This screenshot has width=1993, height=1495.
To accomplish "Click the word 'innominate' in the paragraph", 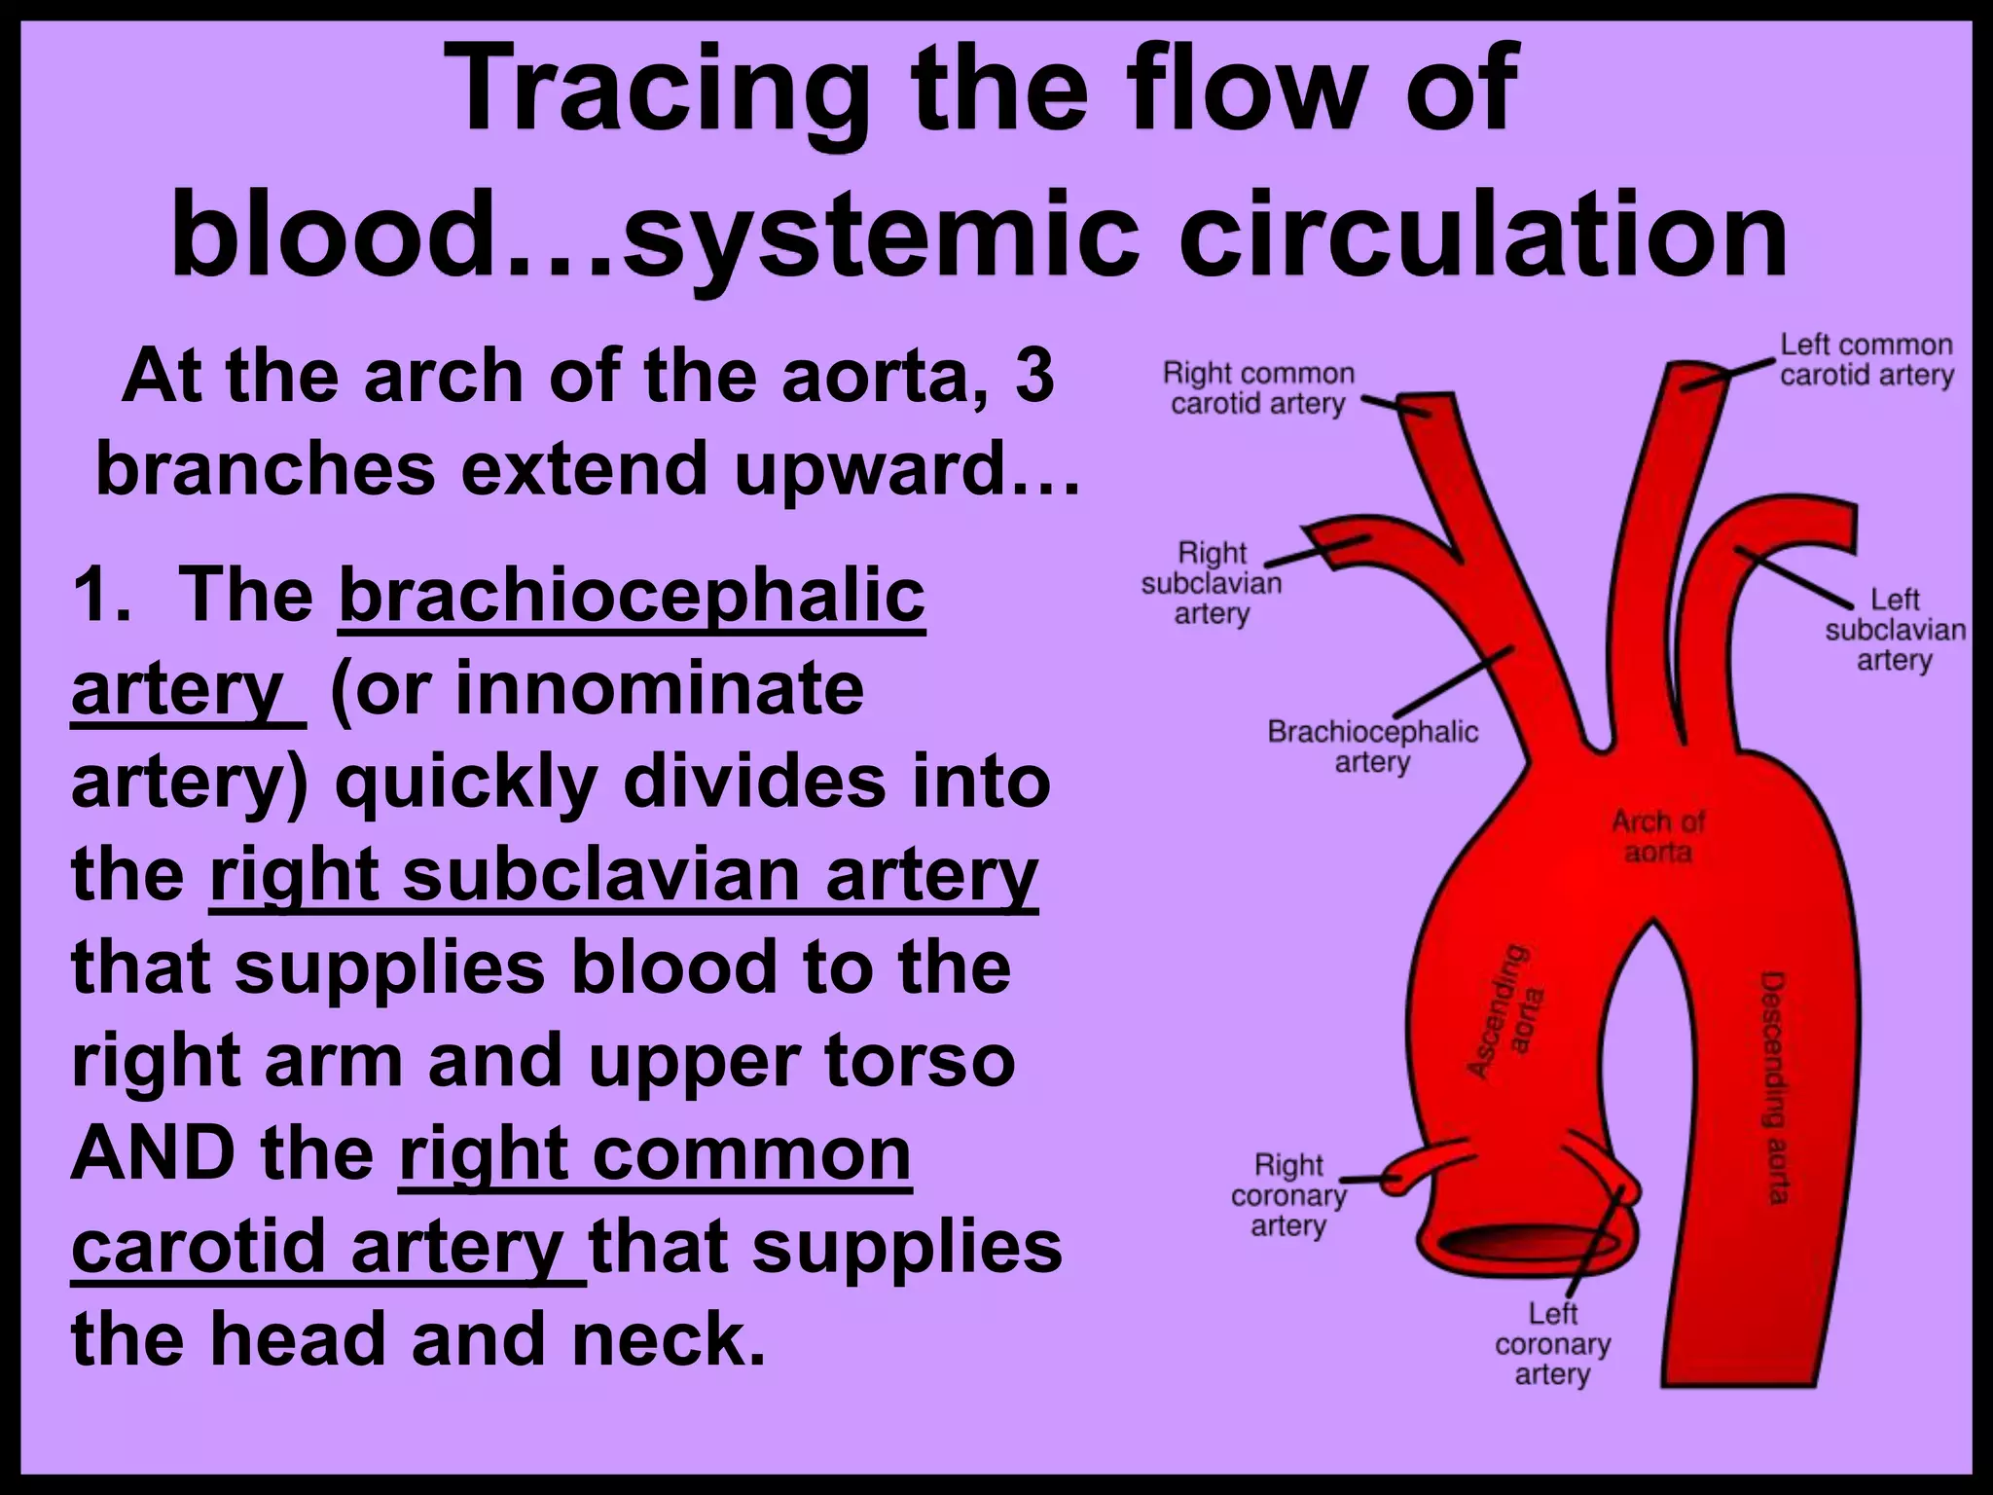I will click(659, 687).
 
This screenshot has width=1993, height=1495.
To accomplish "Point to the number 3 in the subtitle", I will click(1033, 375).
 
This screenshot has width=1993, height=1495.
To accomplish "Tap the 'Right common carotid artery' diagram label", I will click(1257, 388).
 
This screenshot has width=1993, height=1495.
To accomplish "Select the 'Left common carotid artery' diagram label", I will click(1866, 359).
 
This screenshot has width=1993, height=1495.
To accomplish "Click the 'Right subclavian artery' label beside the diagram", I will click(1212, 583).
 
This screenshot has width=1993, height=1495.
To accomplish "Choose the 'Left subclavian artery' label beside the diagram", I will click(1894, 630).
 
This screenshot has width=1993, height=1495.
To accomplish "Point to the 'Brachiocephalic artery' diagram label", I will click(1372, 747).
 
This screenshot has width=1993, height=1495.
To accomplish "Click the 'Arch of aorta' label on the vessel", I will click(1657, 837).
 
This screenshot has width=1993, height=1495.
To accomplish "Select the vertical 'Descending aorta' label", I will click(1777, 1086).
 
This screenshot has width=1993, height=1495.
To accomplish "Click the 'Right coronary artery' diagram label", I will click(1288, 1194).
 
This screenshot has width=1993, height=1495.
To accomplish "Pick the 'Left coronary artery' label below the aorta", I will click(1552, 1343).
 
